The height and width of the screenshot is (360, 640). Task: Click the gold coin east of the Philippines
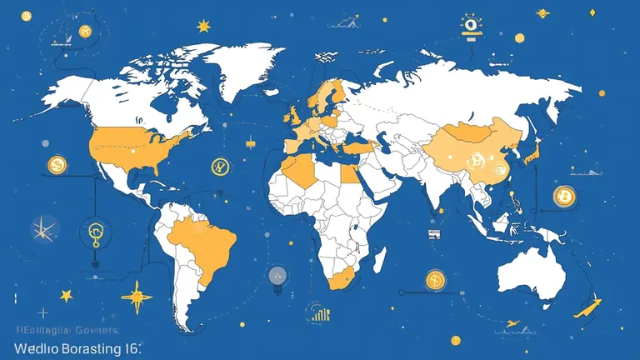pyautogui.click(x=564, y=196)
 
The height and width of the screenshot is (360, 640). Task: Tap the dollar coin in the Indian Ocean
pyautogui.click(x=434, y=280)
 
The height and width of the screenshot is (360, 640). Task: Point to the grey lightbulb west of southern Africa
pyautogui.click(x=277, y=275)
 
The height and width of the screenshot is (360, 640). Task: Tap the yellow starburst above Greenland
pyautogui.click(x=203, y=27)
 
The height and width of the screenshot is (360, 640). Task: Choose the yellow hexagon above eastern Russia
pyautogui.click(x=519, y=37)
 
